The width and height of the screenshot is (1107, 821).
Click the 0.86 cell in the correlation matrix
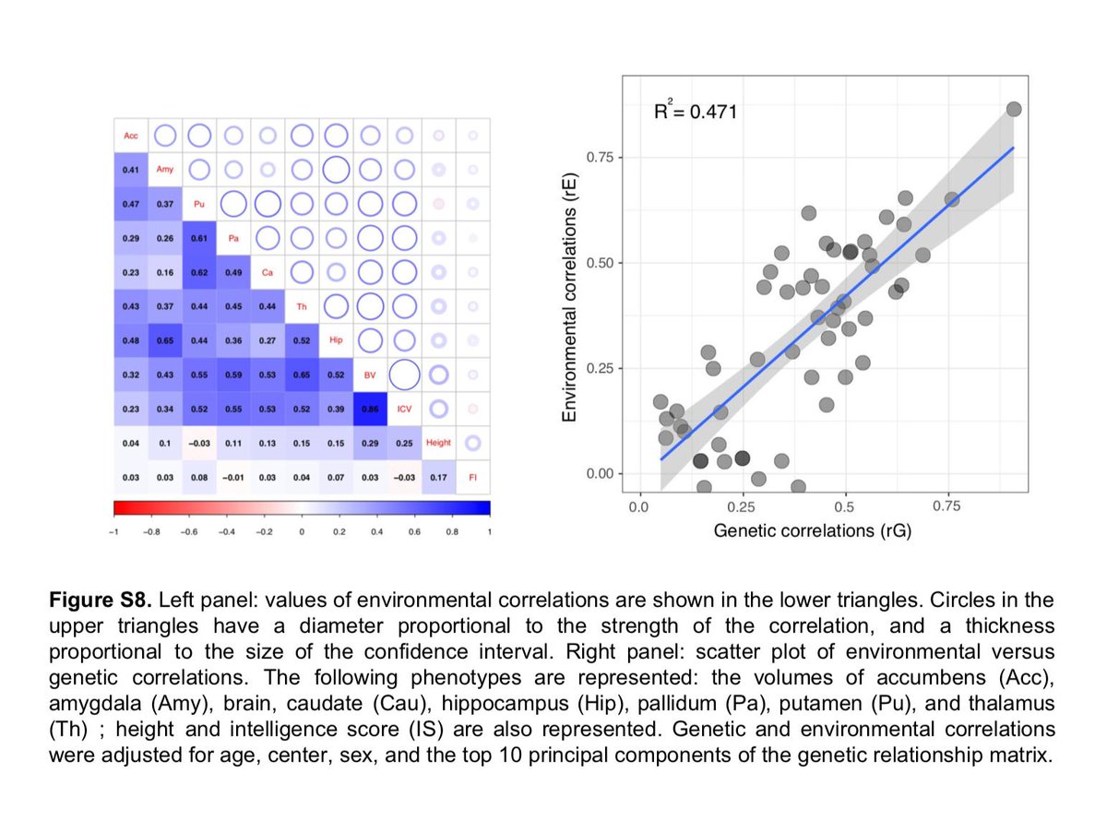click(370, 408)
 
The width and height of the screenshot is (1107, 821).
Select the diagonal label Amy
click(164, 170)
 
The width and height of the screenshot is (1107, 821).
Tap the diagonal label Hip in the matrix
click(336, 339)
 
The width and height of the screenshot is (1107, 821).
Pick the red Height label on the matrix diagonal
click(438, 442)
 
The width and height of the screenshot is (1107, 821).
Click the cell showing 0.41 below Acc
click(130, 170)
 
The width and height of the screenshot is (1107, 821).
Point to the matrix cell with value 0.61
click(198, 238)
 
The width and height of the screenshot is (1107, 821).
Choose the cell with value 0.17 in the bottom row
click(438, 476)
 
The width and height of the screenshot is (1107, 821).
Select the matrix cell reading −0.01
click(232, 476)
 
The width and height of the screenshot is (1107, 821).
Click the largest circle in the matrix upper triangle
click(404, 374)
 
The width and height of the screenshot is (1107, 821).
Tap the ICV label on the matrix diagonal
click(404, 408)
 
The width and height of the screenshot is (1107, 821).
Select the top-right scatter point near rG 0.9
click(1014, 109)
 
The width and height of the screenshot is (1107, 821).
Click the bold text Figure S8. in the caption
click(102, 600)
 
